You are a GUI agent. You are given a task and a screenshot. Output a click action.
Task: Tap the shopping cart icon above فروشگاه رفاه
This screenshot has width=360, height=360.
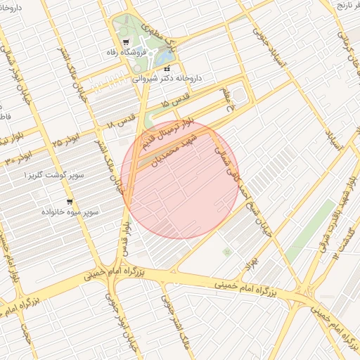coord(126,42)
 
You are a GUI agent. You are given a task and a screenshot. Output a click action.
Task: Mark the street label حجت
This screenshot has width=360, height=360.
coord(29,335)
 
